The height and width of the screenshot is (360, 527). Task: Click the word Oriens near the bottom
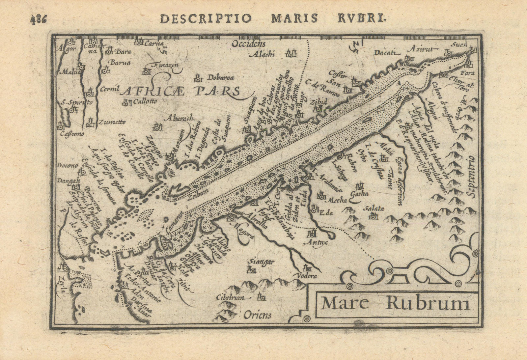click(258, 315)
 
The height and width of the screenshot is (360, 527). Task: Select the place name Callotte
click(145, 102)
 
